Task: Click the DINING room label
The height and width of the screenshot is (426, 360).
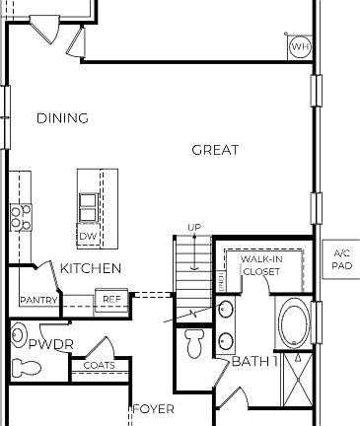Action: coord(62,118)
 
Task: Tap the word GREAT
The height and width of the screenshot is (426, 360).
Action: coord(215,150)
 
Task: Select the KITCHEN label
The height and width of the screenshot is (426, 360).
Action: coord(91,268)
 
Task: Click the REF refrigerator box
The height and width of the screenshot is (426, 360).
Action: coord(111,299)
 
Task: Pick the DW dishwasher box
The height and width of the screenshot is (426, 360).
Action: coord(88,237)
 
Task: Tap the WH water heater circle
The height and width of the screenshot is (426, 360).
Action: coord(299,46)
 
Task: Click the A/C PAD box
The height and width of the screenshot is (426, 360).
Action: coord(341,259)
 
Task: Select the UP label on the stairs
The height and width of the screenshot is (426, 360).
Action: coord(194,228)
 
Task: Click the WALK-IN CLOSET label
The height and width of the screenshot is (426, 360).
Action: coord(260,264)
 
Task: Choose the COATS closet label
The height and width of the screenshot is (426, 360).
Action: coord(99,366)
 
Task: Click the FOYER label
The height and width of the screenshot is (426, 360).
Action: coord(153,408)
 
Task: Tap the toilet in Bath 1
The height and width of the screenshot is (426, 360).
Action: coord(195,344)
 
